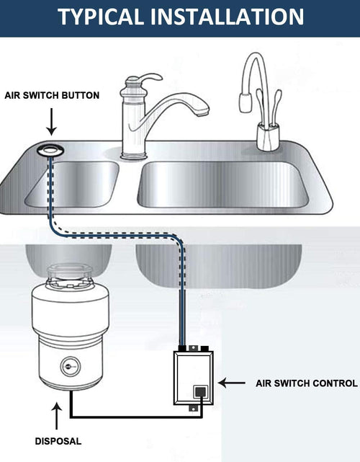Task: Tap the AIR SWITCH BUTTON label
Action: [x=51, y=95]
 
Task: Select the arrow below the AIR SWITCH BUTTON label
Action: [x=51, y=123]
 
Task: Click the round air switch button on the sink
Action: [x=52, y=148]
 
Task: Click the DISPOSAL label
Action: [x=58, y=440]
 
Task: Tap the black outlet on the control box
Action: [x=200, y=394]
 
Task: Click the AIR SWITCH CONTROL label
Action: [x=306, y=383]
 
